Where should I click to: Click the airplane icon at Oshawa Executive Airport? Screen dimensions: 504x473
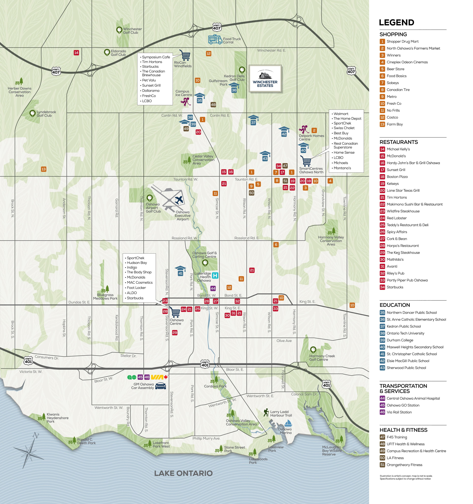click(179, 200)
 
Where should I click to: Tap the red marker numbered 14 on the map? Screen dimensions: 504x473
click(76, 53)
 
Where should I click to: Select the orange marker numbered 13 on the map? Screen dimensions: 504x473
click(44, 169)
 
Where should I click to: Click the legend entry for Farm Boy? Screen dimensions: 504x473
click(394, 124)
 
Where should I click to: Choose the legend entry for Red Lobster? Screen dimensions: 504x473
click(397, 218)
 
